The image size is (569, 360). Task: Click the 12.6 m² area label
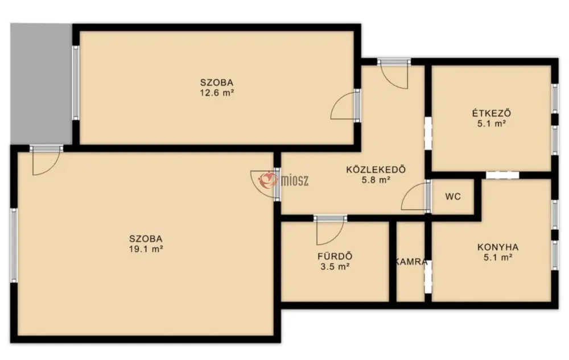tap(217, 93)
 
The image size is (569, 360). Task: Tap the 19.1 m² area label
tap(146, 249)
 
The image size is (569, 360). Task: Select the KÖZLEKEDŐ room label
tap(376, 169)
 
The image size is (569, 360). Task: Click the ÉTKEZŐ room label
tap(492, 113)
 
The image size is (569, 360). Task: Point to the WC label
tap(453, 197)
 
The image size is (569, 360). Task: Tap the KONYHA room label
tap(497, 247)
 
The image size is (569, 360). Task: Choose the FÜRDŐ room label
tap(335, 256)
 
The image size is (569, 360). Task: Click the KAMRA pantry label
tap(411, 262)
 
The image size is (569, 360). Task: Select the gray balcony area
tap(42, 84)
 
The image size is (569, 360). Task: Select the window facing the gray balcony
tap(76, 82)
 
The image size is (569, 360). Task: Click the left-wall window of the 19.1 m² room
tap(14, 245)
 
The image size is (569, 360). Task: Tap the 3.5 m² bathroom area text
tap(335, 267)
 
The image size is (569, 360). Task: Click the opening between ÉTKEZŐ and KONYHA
tap(502, 175)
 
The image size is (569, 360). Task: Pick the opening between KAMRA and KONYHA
tap(428, 276)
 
